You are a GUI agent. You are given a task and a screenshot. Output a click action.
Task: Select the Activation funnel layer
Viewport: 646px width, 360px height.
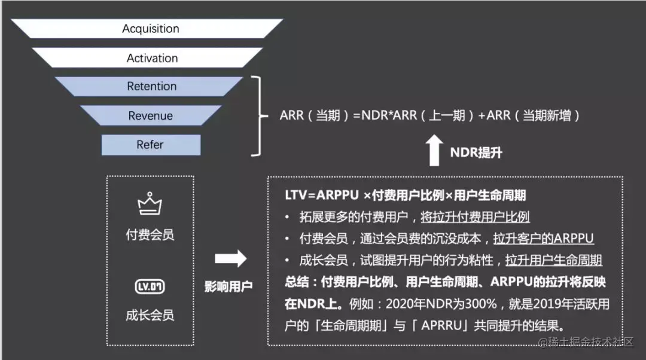point(152,58)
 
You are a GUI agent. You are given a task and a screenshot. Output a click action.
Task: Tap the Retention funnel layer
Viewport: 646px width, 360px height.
point(151,87)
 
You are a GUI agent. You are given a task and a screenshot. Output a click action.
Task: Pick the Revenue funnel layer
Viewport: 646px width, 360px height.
point(151,115)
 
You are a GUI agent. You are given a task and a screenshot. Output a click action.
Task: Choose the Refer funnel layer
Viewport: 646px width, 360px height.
point(150,145)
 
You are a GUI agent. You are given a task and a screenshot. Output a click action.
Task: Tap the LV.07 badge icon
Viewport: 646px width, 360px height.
point(150,286)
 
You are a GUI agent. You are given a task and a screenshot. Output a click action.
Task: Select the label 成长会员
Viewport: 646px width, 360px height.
point(150,315)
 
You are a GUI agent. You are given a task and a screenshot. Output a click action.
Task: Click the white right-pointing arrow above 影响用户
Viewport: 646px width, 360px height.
point(230,258)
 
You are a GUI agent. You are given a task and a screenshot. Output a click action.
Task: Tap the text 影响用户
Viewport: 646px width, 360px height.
point(228,286)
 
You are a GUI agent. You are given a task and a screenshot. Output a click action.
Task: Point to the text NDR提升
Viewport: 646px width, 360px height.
point(476,152)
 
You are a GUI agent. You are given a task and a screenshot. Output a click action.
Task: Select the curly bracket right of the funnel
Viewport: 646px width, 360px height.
point(258,115)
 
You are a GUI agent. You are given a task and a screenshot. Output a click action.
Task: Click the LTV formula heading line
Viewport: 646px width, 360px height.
point(406,196)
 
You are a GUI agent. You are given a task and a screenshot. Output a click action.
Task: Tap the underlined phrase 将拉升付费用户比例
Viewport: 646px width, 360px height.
point(475,217)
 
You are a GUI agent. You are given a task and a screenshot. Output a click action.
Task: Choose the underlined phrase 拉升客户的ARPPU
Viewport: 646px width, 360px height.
point(543,239)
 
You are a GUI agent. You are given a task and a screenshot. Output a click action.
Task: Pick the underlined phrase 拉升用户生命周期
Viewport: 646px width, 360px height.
point(553,260)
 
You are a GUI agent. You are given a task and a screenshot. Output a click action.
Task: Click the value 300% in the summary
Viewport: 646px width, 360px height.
point(482,304)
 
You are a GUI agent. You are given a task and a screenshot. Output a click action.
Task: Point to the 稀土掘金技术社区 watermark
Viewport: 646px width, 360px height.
point(590,342)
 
